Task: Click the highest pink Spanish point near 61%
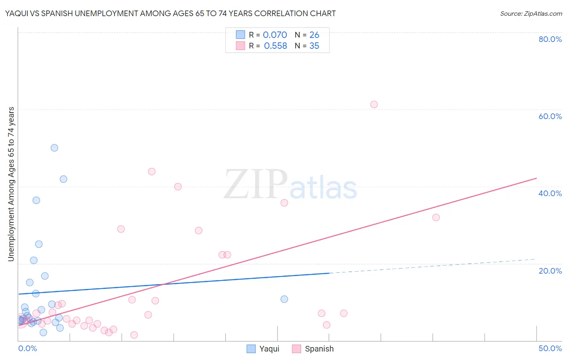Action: [x=374, y=105]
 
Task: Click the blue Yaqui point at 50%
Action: [x=54, y=148]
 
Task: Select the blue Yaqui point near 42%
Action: [x=63, y=179]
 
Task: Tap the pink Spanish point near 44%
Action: [x=152, y=172]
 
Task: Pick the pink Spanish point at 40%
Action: [x=178, y=186]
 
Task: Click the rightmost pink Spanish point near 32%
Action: [x=436, y=218]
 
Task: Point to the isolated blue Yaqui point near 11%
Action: [x=284, y=299]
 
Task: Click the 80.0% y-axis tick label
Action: [x=550, y=39]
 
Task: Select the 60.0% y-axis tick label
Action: [x=550, y=116]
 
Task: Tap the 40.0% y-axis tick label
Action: [x=550, y=193]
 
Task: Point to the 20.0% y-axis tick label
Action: [x=550, y=271]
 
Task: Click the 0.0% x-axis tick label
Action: [x=27, y=348]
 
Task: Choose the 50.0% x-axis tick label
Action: [x=550, y=348]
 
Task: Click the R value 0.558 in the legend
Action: [x=275, y=46]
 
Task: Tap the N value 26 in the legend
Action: [x=314, y=35]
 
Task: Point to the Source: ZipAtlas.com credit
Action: [x=531, y=14]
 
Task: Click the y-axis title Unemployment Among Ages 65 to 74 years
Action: [x=11, y=184]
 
